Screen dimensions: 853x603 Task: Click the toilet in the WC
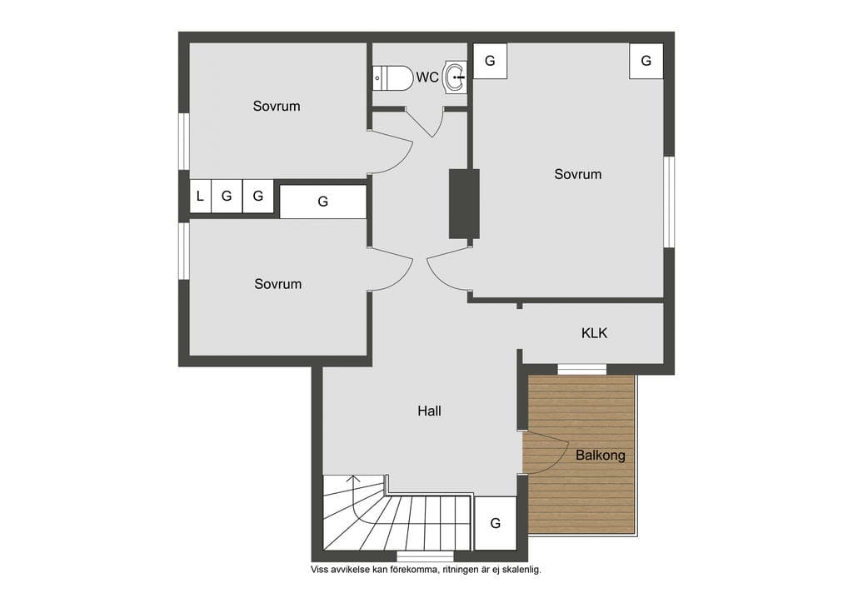pos(393,78)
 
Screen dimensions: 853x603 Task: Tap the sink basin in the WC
pos(456,77)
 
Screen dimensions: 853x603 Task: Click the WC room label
pos(427,77)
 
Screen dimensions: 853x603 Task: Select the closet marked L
pos(200,196)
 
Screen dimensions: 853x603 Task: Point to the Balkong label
pos(600,455)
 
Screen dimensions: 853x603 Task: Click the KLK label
pos(594,333)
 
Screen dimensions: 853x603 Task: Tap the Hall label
pos(429,411)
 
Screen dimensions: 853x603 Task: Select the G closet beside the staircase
pos(495,523)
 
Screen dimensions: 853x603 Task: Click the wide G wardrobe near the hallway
pos(323,202)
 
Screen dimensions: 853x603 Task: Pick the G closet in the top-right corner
pos(646,61)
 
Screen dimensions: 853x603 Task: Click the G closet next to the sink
pos(490,61)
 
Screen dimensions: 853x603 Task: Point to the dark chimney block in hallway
pos(464,203)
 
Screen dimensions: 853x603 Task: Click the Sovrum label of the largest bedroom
pos(578,174)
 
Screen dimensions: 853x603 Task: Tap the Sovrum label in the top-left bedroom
pos(277,106)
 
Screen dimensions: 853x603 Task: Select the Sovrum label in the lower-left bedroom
pos(278,284)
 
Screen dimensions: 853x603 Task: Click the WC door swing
pos(426,123)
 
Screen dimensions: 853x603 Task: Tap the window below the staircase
pos(425,556)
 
